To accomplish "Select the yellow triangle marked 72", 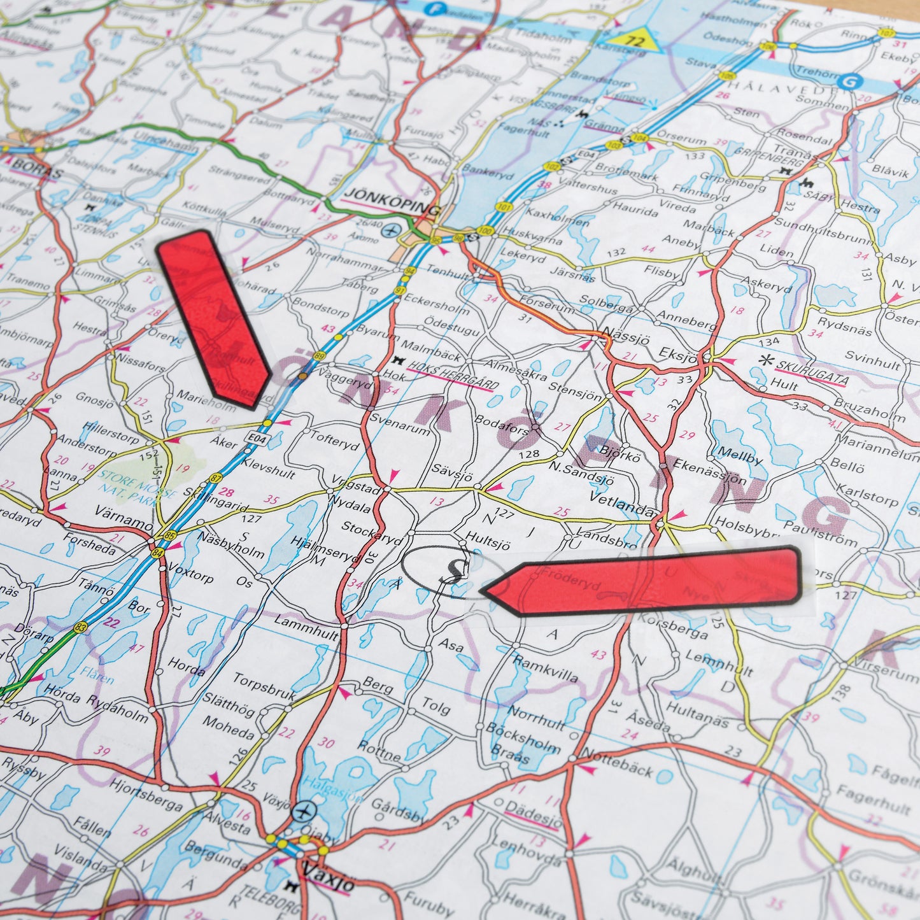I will pyautogui.click(x=635, y=40).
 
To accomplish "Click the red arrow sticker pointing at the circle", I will pyautogui.click(x=643, y=581).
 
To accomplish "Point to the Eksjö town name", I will pyautogui.click(x=679, y=355).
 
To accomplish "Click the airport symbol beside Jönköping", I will pyautogui.click(x=391, y=229).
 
